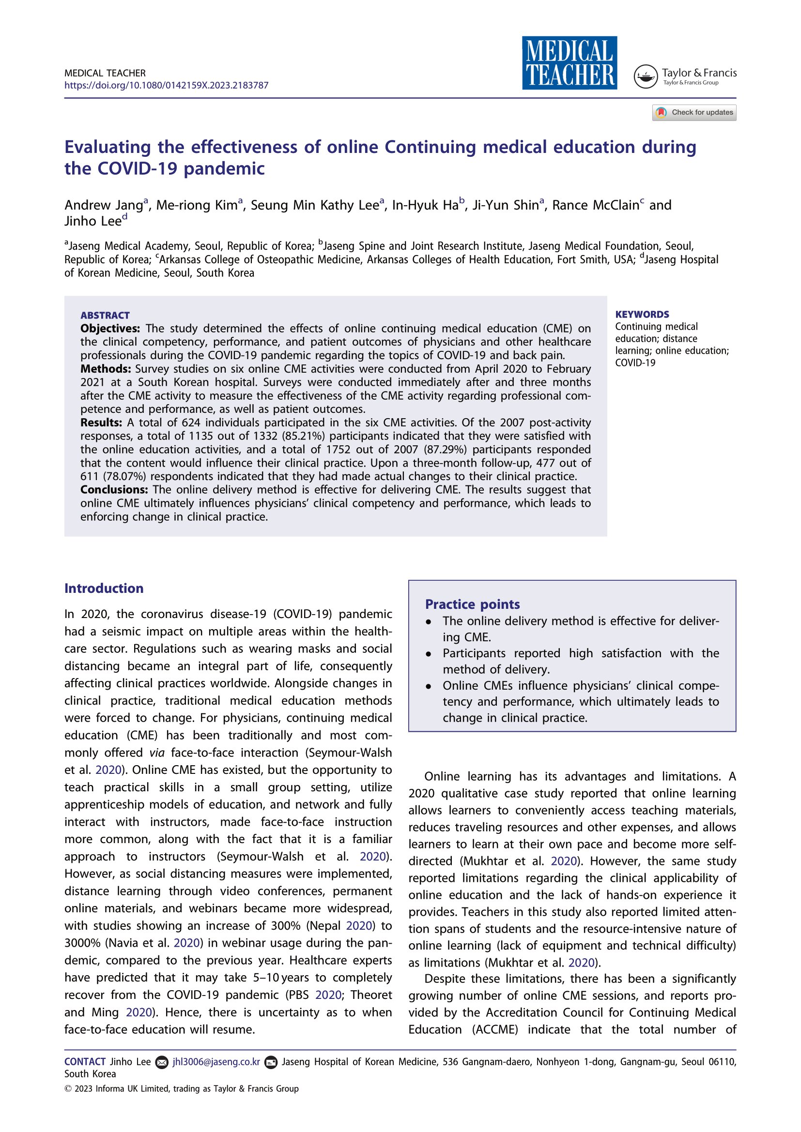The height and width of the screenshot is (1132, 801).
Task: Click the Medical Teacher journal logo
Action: coord(569,62)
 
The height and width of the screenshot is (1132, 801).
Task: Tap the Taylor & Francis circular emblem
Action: coord(645,76)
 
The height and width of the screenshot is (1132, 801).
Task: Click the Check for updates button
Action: coord(694,112)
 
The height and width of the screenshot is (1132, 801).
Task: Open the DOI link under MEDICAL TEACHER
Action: coord(166,85)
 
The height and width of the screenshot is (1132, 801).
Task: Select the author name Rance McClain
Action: coord(595,205)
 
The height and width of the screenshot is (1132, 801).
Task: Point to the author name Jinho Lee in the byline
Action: coord(92,221)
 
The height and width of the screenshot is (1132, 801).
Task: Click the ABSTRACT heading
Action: coord(105,316)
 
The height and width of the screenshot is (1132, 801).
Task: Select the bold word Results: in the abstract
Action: coord(101,423)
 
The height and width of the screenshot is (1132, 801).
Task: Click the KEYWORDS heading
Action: coord(642,315)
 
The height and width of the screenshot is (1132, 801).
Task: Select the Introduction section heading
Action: coord(104,588)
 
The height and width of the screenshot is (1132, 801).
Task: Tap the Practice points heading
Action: coord(472,604)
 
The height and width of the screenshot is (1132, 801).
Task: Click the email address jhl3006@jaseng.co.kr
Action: coord(216,1061)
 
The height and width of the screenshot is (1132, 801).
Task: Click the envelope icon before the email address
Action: coord(161,1062)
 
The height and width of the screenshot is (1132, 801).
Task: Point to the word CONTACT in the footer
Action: coord(85,1061)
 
